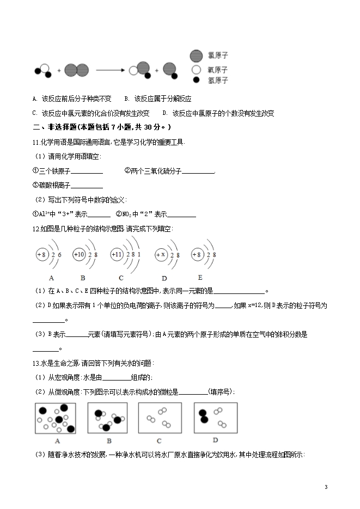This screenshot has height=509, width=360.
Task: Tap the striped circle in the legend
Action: pyautogui.click(x=196, y=56)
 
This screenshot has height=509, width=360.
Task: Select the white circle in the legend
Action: pyautogui.click(x=196, y=70)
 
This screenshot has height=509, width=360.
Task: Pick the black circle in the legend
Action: pyautogui.click(x=196, y=81)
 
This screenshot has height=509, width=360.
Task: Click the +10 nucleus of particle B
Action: pyautogui.click(x=80, y=255)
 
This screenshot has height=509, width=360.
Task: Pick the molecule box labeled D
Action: pyautogui.click(x=215, y=418)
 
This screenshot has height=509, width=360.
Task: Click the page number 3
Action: pyautogui.click(x=326, y=487)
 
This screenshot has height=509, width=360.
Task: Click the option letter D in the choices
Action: pyautogui.click(x=164, y=113)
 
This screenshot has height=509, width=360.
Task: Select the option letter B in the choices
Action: pyautogui.click(x=126, y=99)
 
